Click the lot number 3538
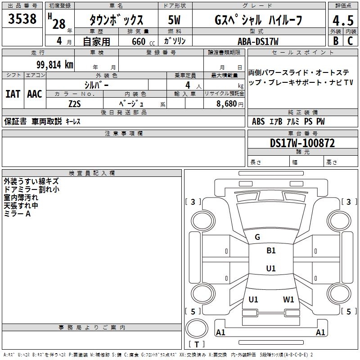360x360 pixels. (x=22, y=19)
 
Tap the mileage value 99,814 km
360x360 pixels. (x=55, y=65)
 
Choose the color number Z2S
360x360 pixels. (x=75, y=103)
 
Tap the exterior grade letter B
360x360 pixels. (x=335, y=41)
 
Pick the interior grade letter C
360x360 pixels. (x=350, y=41)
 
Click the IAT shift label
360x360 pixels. (x=13, y=94)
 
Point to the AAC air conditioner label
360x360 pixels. (x=34, y=94)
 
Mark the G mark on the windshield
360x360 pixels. (x=257, y=237)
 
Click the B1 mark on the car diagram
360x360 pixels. (x=271, y=251)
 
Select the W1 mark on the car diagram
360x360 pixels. (x=288, y=299)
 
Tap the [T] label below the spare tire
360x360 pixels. (x=197, y=344)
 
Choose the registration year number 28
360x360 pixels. (x=59, y=24)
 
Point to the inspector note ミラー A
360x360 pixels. (x=17, y=214)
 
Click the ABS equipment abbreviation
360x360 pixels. (x=258, y=121)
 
